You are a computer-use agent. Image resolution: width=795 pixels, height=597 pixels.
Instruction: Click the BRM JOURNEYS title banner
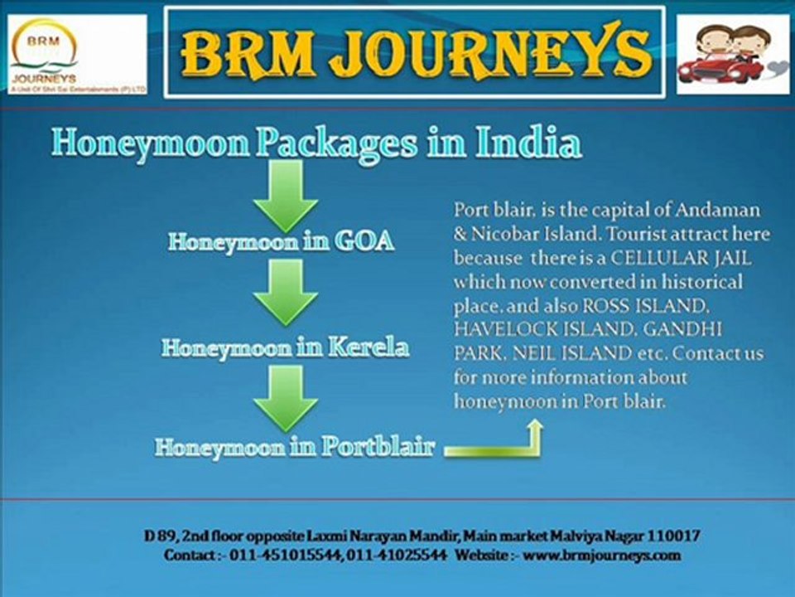[414, 51]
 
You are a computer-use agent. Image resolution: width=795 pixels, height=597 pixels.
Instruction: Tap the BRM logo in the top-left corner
[78, 54]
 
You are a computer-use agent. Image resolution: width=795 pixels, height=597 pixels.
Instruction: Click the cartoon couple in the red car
[733, 54]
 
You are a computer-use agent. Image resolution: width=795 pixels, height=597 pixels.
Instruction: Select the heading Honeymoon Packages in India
[316, 143]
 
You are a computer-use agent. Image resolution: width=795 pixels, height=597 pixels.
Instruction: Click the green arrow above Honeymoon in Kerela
[286, 291]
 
